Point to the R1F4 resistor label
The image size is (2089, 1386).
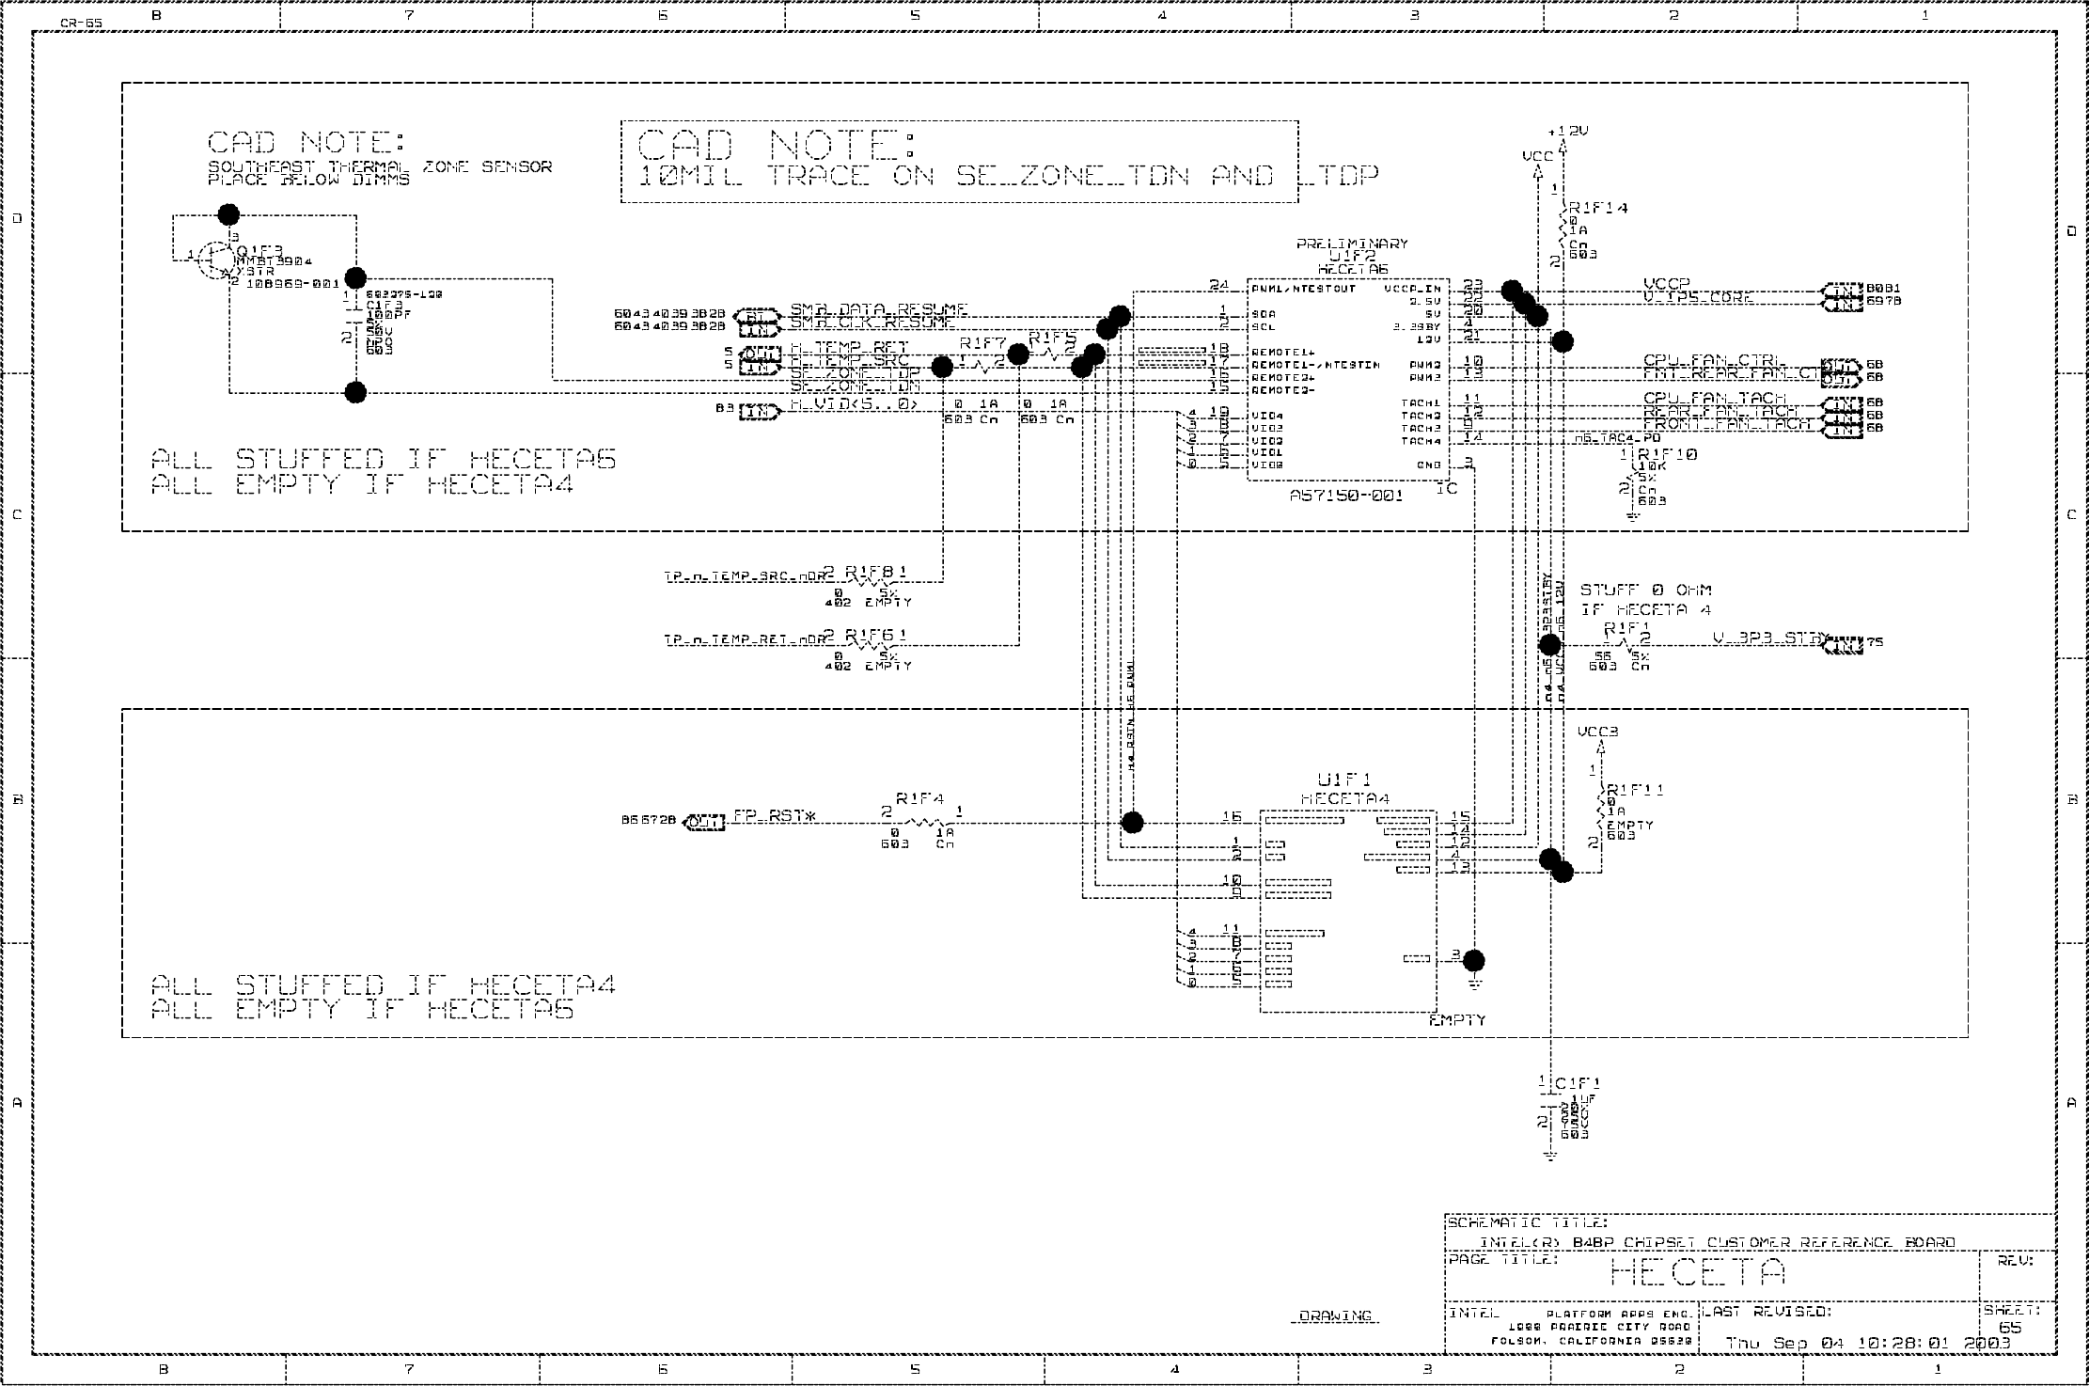[x=919, y=798]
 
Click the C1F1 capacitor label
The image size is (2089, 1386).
[x=1577, y=1083]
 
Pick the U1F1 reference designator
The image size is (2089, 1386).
[x=1344, y=780]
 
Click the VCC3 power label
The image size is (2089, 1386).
[x=1597, y=732]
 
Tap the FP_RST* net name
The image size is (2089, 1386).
[x=774, y=816]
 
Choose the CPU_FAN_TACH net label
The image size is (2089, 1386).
[x=1713, y=399]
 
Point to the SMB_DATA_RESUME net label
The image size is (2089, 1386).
[x=878, y=309]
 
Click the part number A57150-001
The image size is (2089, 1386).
[x=1346, y=496]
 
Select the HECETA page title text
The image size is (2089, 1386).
[x=1697, y=1273]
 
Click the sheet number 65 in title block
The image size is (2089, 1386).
[x=2010, y=1328]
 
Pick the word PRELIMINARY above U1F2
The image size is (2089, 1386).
[x=1352, y=244]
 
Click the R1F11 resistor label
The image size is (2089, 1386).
[x=1635, y=790]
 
